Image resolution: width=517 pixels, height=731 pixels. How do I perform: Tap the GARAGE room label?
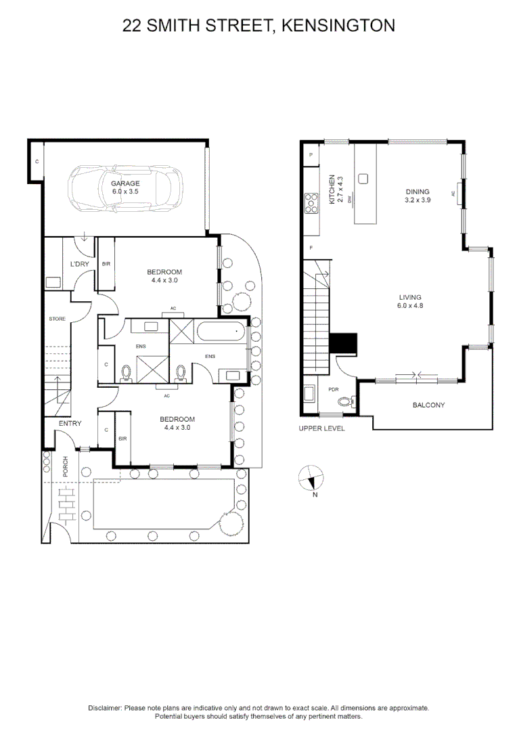click(x=126, y=183)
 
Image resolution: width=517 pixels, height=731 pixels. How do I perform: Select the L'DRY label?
click(x=81, y=264)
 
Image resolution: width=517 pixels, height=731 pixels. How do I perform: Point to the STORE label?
click(x=57, y=318)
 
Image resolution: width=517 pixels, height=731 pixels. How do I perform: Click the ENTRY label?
click(x=70, y=424)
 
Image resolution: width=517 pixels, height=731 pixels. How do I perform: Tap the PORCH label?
click(x=66, y=467)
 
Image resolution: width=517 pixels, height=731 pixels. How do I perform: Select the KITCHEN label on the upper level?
click(x=332, y=190)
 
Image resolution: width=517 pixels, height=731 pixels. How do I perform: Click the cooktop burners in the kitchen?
click(x=312, y=202)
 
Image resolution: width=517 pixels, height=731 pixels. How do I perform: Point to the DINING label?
click(x=417, y=192)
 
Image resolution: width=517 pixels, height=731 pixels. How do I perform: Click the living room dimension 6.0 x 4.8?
click(x=410, y=305)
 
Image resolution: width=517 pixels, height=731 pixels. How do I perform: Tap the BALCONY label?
click(x=428, y=405)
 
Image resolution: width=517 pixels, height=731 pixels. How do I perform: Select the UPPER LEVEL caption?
click(x=321, y=428)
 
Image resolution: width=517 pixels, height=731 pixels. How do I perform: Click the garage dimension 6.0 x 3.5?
click(x=126, y=192)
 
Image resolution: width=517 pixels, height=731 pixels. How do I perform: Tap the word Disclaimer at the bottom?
click(x=105, y=707)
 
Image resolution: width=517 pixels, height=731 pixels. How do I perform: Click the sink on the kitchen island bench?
click(x=363, y=179)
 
